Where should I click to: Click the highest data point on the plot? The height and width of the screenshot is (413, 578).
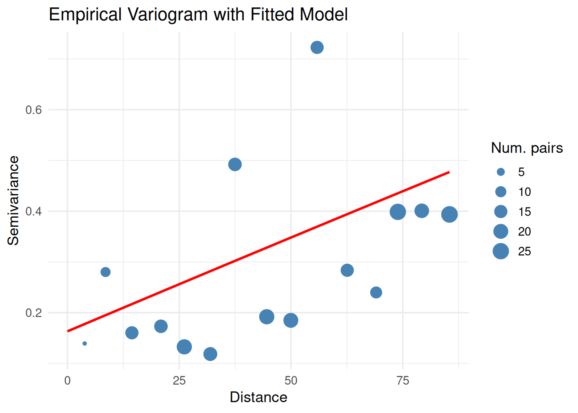click(317, 47)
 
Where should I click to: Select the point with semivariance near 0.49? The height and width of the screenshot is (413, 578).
click(235, 164)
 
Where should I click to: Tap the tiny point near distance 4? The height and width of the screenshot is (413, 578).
click(85, 343)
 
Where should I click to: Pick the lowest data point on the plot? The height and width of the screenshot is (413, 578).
click(210, 354)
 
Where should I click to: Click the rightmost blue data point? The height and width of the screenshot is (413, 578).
click(449, 214)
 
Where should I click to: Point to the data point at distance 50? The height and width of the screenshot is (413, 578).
click(291, 320)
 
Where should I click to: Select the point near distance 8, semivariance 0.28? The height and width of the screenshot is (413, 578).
click(105, 272)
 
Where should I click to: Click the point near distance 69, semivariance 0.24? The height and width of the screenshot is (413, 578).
click(376, 293)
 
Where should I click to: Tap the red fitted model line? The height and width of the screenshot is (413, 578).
click(258, 251)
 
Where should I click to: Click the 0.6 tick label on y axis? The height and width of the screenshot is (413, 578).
click(34, 110)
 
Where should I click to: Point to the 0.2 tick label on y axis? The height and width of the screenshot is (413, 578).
click(34, 313)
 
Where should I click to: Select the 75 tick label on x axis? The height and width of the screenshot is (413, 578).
click(403, 381)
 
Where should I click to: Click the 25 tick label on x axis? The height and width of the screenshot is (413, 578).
click(179, 381)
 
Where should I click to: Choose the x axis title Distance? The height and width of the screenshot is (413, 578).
click(258, 397)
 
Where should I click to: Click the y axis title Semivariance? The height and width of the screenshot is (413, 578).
click(14, 200)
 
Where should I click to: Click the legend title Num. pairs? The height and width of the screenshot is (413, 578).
click(527, 148)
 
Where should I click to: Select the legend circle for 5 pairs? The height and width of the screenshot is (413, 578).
click(501, 172)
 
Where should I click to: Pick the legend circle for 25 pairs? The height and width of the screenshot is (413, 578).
click(501, 251)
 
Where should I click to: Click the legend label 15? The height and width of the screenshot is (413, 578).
click(524, 212)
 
